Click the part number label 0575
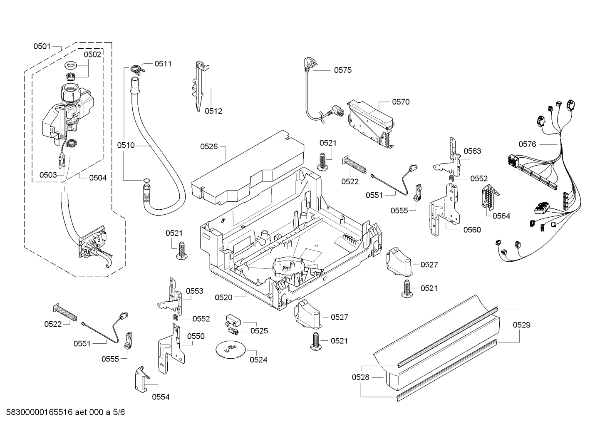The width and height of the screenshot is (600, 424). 342,70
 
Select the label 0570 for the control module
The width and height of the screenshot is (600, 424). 400,102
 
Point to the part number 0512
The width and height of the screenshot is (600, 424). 213,111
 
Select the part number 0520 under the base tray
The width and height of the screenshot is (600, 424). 223,297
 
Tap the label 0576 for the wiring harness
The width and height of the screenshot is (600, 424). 527,144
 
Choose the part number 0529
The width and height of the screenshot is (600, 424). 521,325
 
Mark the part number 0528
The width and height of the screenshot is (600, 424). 360,377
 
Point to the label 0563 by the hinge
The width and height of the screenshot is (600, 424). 472,151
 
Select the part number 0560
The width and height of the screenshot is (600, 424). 472,230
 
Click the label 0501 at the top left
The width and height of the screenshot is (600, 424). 42,46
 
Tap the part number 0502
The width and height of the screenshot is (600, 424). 92,54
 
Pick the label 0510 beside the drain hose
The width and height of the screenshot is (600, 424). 126,145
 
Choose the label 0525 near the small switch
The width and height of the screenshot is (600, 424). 259,331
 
